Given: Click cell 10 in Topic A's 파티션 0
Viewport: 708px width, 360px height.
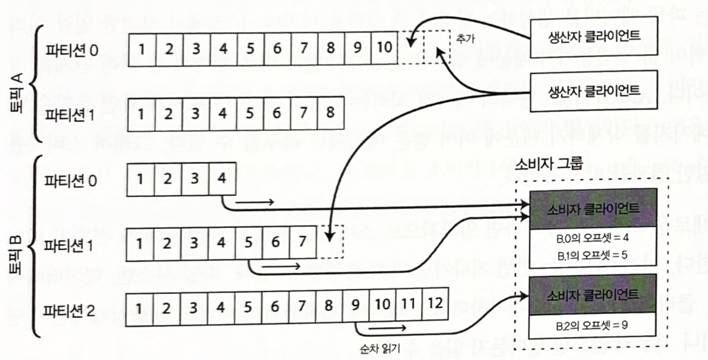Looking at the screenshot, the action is click(384, 48).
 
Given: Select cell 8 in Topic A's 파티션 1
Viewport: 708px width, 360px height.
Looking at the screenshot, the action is click(330, 113).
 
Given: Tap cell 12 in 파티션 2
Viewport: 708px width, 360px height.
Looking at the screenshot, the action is click(435, 304).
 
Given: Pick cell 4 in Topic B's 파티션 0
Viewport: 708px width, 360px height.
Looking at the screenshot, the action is click(222, 179).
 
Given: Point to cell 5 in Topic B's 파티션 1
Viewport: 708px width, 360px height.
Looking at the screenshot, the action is click(248, 243).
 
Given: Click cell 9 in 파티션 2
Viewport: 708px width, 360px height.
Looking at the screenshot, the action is click(355, 305).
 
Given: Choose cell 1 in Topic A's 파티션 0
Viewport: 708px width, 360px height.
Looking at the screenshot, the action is click(142, 49).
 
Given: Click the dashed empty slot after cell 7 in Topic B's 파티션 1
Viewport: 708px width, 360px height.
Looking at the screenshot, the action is click(330, 242).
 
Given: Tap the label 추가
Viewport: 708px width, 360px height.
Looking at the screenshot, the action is click(465, 39).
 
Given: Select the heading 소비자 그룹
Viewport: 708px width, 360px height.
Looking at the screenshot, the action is click(548, 164).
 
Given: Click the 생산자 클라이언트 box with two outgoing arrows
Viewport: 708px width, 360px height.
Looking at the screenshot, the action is click(593, 91).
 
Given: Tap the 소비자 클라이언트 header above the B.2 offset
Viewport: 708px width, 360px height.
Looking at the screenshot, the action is click(592, 295).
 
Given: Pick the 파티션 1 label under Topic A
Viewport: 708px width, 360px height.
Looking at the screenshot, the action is click(70, 115).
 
